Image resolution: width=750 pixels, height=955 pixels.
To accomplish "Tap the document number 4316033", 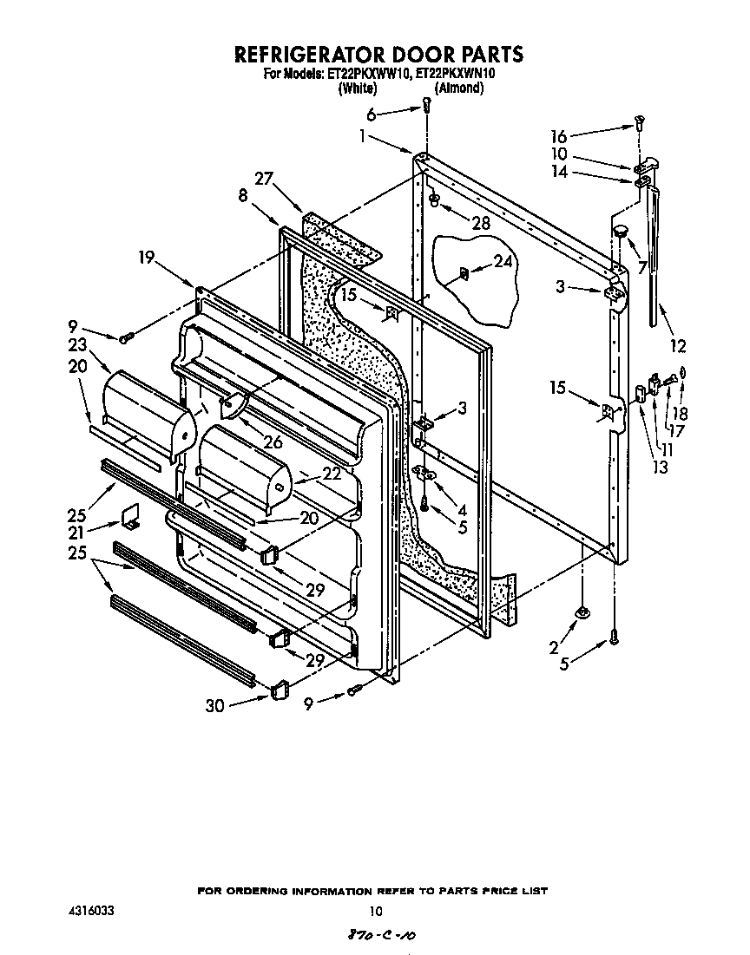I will pyautogui.click(x=90, y=912).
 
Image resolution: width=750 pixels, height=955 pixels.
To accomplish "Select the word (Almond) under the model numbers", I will pyautogui.click(x=458, y=88).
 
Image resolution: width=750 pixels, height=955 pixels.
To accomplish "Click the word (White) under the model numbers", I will pyautogui.click(x=357, y=88).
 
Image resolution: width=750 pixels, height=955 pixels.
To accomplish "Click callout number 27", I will pyautogui.click(x=264, y=179).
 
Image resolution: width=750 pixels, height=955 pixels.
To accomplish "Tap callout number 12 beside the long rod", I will pyautogui.click(x=678, y=346).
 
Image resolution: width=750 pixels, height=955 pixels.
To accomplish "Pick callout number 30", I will pyautogui.click(x=214, y=705).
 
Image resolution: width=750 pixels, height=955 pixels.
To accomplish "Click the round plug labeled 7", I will pyautogui.click(x=620, y=230).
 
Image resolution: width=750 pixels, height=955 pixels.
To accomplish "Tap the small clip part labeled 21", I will pyautogui.click(x=132, y=517).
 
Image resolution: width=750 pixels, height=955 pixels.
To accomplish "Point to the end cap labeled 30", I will pyautogui.click(x=278, y=690).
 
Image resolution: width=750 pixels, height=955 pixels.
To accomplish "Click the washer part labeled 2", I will pyautogui.click(x=581, y=613).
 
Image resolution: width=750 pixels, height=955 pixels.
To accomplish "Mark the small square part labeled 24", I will pyautogui.click(x=463, y=276).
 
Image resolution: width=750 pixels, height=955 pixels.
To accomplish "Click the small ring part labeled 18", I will pyautogui.click(x=683, y=373).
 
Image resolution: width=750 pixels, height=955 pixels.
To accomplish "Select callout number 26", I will pyautogui.click(x=273, y=442).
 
